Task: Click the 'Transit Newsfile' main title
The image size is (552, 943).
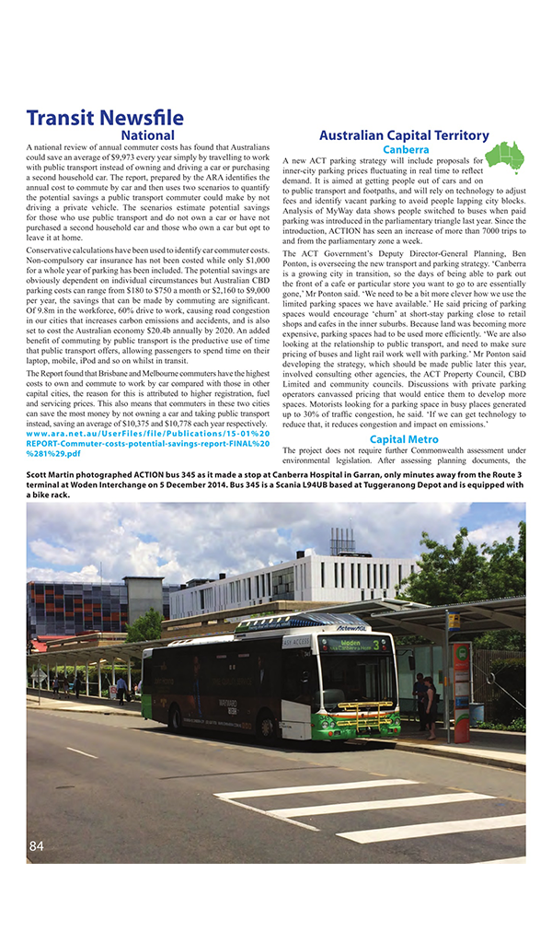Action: click(x=105, y=118)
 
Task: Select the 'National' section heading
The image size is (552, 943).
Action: click(x=147, y=135)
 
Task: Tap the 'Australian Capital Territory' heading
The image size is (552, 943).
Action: click(x=404, y=135)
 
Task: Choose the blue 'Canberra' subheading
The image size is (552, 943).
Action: click(x=405, y=149)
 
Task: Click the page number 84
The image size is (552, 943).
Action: click(x=37, y=845)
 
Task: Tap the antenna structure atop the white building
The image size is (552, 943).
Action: click(x=342, y=541)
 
